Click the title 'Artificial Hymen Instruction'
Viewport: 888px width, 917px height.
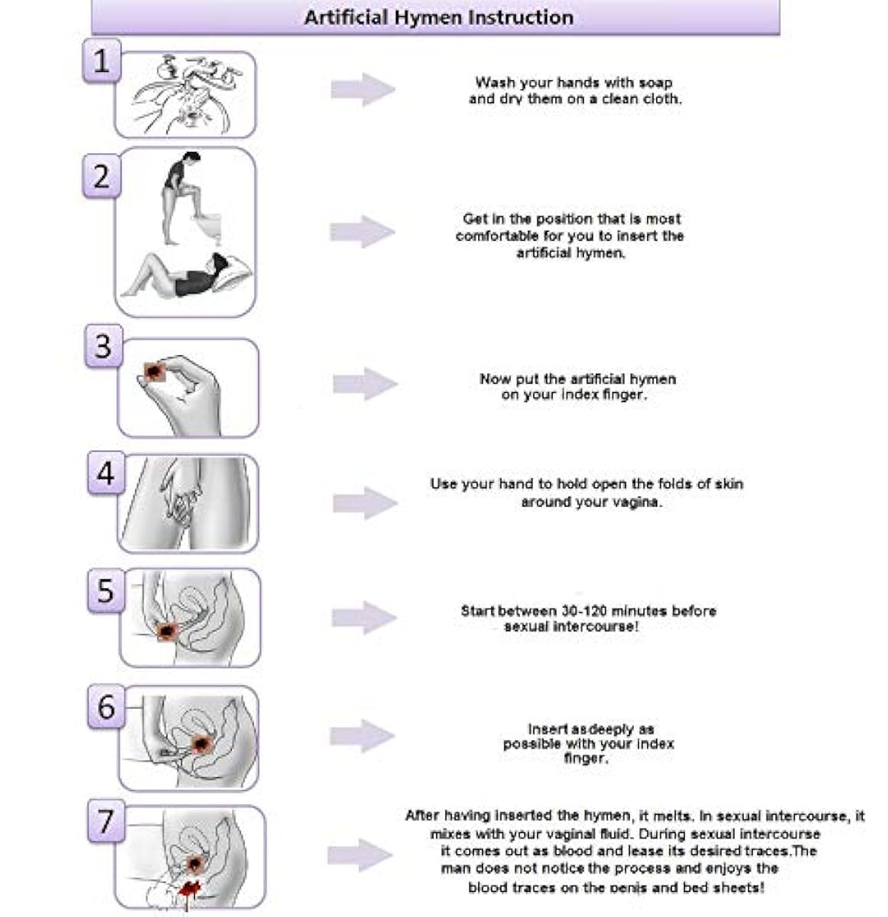(x=438, y=17)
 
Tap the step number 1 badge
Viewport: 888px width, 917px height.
(x=101, y=60)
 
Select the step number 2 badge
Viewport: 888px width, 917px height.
(x=101, y=177)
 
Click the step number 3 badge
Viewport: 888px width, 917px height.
(x=103, y=346)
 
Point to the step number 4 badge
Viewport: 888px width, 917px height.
(x=105, y=473)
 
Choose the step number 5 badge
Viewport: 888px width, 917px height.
(x=105, y=591)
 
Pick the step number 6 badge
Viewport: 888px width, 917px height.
(x=106, y=708)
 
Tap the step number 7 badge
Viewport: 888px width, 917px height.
(x=106, y=822)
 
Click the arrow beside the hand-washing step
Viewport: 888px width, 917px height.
(x=362, y=89)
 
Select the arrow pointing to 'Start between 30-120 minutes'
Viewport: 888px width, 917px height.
(x=364, y=617)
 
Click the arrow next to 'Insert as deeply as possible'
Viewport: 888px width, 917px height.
(x=362, y=735)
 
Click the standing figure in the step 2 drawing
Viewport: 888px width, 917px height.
(x=180, y=195)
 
